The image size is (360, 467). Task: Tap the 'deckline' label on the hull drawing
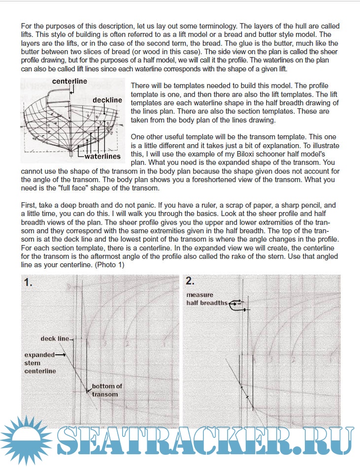tap(107, 100)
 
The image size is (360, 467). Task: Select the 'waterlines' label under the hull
tap(102, 157)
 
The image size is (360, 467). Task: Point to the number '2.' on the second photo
tap(191, 281)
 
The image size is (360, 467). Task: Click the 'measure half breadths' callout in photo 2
tap(207, 299)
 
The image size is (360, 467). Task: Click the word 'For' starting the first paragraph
tap(27, 26)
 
